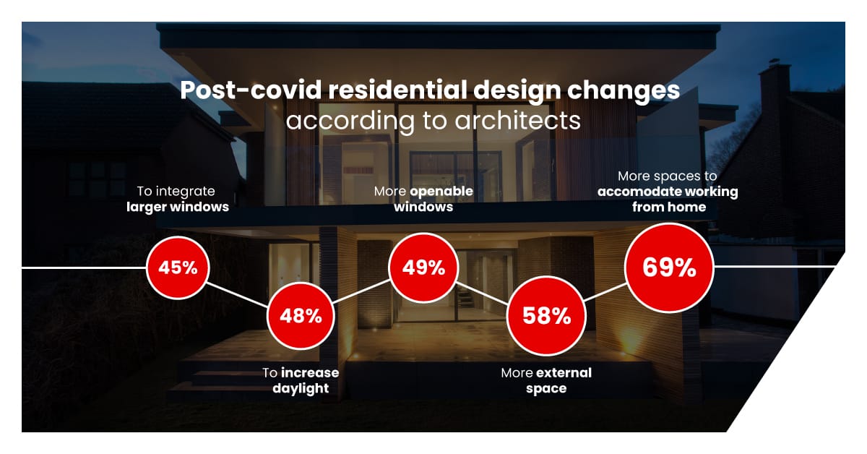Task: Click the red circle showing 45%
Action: point(178,267)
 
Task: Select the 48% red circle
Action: point(301,316)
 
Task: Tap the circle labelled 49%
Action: point(423,267)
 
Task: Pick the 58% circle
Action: point(546,316)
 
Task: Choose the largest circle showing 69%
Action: point(669,267)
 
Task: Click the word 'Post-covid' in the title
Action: point(251,90)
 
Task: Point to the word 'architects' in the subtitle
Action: point(517,121)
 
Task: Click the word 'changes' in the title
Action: point(624,91)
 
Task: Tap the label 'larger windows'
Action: point(178,207)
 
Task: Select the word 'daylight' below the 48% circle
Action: point(301,388)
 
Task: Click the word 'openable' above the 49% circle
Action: point(441,192)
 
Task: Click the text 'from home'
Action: point(669,207)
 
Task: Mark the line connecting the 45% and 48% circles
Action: point(237,295)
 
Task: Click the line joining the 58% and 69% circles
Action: point(605,291)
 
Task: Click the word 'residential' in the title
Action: point(398,90)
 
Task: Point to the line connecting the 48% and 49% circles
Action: point(361,291)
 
